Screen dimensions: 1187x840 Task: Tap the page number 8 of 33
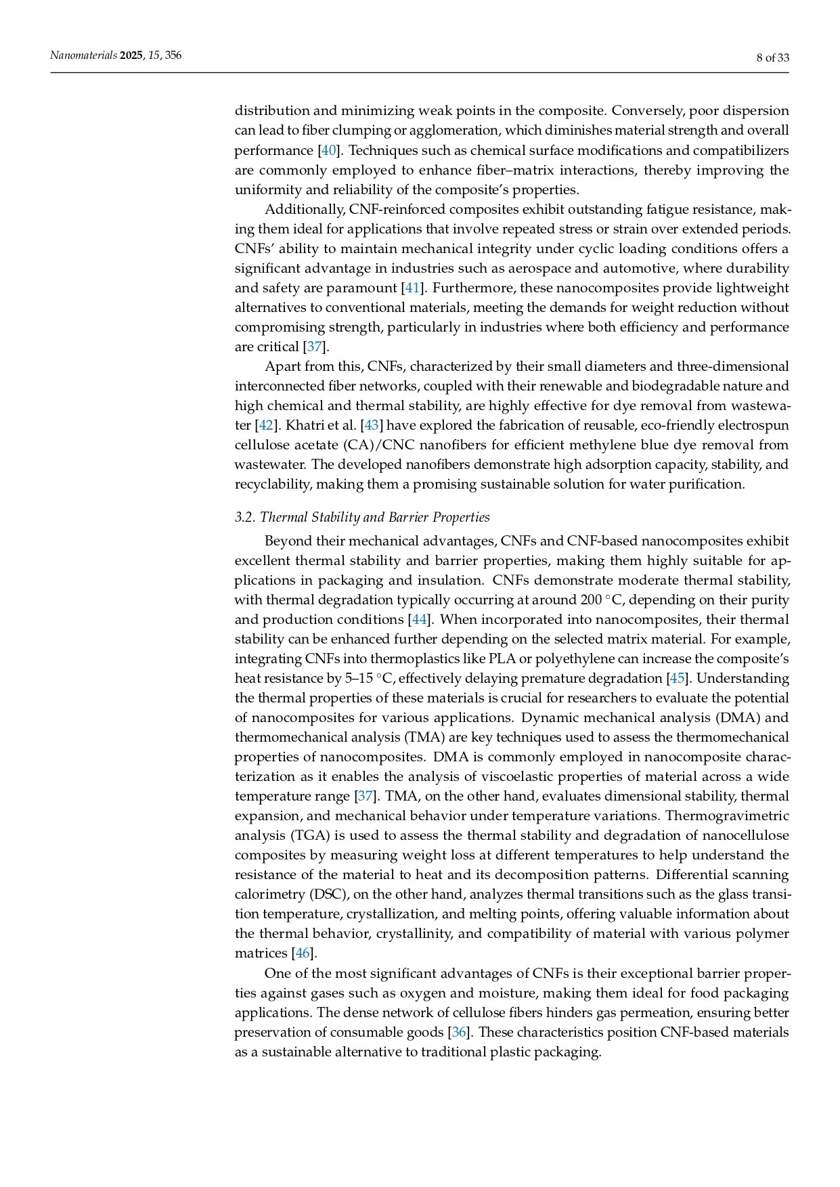click(x=772, y=58)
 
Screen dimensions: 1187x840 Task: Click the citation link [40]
click(x=328, y=150)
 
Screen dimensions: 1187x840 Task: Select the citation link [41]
click(x=412, y=288)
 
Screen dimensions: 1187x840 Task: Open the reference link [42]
click(x=265, y=426)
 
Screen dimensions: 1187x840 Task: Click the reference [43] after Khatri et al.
click(x=372, y=426)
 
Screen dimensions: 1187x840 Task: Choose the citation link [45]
click(x=676, y=679)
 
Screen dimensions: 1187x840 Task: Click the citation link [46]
click(x=302, y=954)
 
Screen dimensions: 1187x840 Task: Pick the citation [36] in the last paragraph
click(x=459, y=1033)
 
